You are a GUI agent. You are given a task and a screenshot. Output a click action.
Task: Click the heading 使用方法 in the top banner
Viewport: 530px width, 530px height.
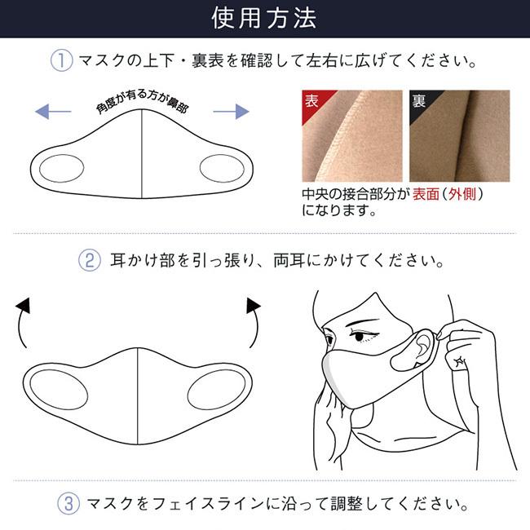point(264,17)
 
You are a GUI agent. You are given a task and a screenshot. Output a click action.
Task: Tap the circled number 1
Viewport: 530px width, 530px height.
point(62,61)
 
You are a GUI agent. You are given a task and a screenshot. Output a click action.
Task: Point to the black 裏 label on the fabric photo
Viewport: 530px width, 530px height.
point(419,102)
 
